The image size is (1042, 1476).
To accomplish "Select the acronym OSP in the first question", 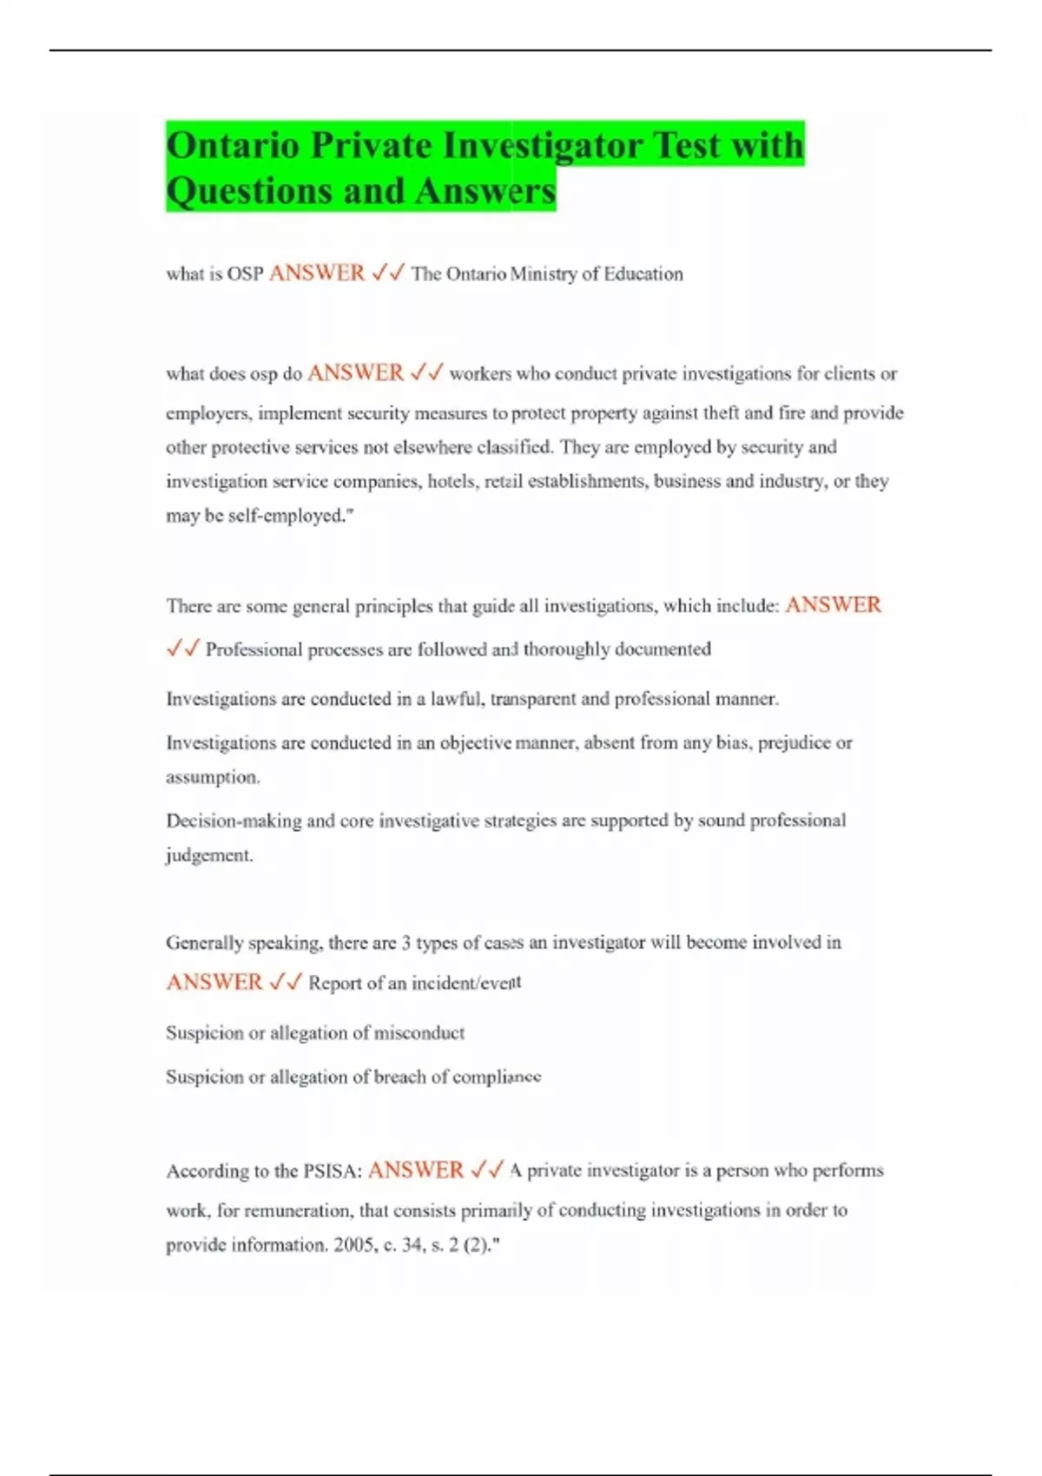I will (245, 274).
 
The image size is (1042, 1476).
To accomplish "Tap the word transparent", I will (532, 699).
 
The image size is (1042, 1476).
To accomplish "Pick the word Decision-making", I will (233, 820).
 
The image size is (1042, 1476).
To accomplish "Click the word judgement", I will (209, 855).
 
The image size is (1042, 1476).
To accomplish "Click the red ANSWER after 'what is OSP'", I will (317, 273).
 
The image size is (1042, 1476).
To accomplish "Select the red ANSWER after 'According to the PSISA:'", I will (415, 1170).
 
